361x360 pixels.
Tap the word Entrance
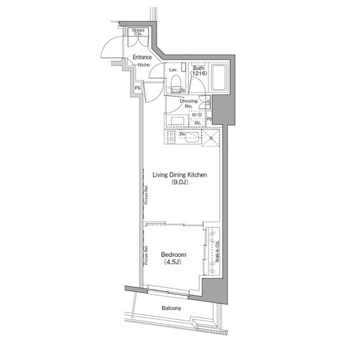click(143, 57)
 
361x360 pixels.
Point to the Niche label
click(143, 64)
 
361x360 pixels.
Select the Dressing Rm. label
click(188, 103)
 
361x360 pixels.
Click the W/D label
click(196, 114)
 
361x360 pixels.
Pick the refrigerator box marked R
click(211, 137)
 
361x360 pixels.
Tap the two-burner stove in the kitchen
click(170, 137)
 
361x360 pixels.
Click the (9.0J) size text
click(180, 183)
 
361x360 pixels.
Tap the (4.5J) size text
click(173, 263)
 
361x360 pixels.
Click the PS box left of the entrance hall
click(138, 88)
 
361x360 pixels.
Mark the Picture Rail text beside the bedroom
click(146, 256)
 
